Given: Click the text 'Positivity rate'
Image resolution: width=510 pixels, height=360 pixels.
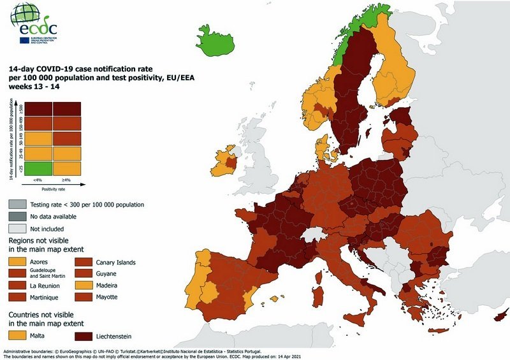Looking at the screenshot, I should click(54, 189).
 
